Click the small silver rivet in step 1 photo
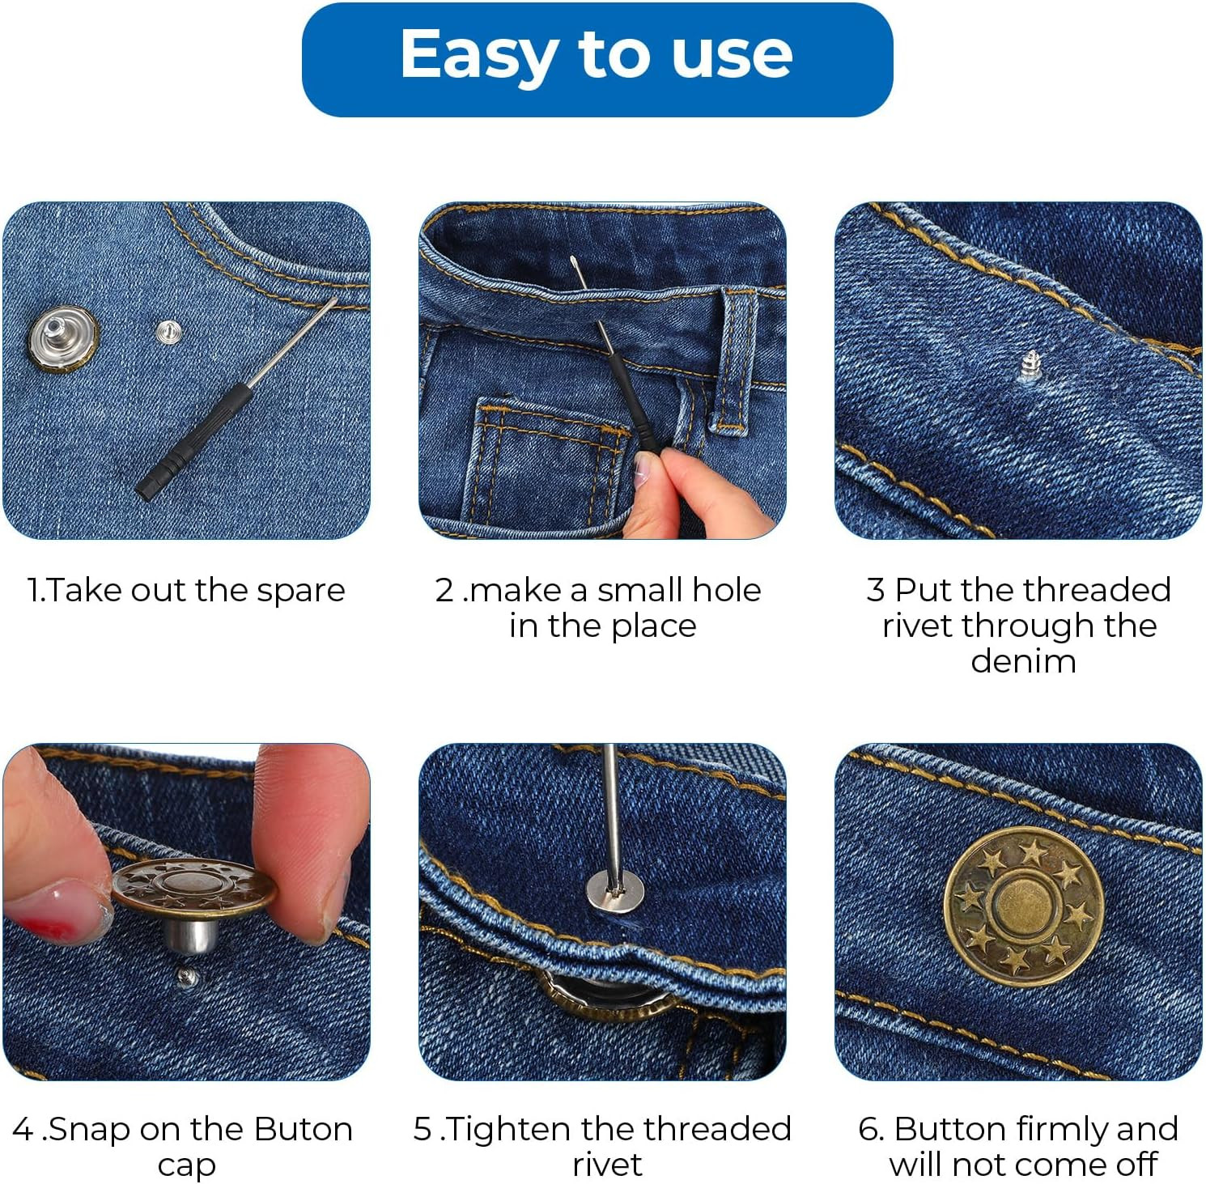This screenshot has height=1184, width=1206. click(168, 331)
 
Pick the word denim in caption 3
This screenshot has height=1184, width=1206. click(1023, 661)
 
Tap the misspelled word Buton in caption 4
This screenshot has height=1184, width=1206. click(304, 1129)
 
